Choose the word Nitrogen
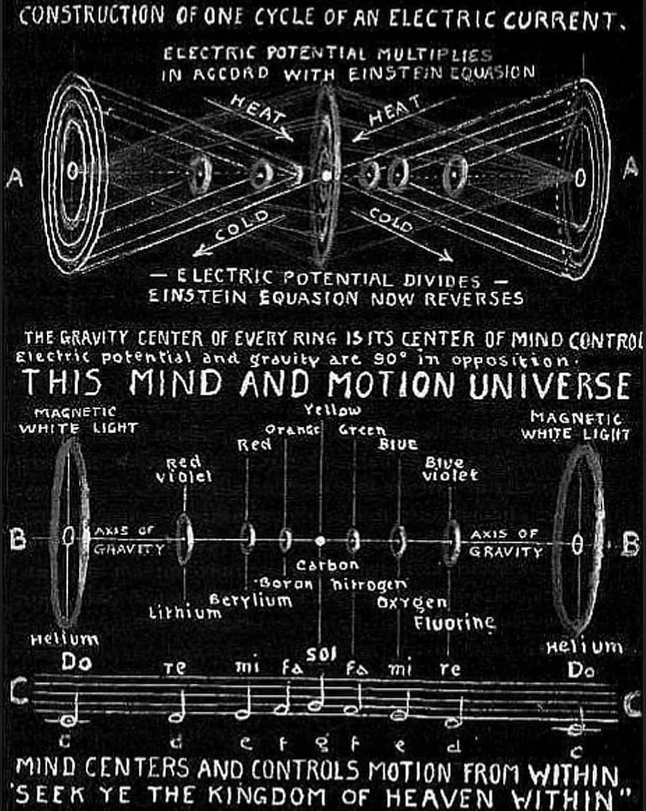[369, 582]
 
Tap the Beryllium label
[251, 600]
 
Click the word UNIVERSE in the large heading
[546, 385]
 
